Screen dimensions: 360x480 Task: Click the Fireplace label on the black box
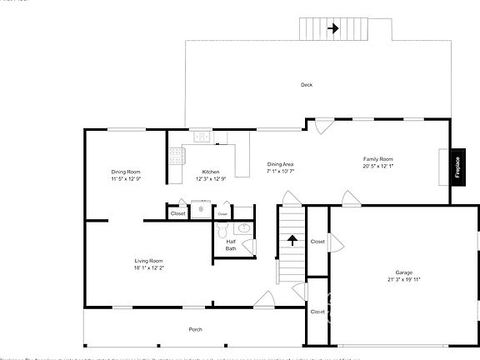(x=457, y=165)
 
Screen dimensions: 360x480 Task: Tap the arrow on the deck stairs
(x=332, y=28)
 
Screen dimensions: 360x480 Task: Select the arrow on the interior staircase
(x=292, y=241)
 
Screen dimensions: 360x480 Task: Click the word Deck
(x=307, y=85)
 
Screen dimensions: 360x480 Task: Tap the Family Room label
(x=377, y=158)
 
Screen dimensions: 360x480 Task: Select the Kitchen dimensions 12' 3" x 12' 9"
(x=211, y=178)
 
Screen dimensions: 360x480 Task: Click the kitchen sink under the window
(x=202, y=137)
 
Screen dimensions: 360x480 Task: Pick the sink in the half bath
(x=244, y=227)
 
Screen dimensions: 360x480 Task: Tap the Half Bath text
(x=231, y=245)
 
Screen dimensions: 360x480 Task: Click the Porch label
(x=195, y=329)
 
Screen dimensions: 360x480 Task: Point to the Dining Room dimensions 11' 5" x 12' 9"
(x=126, y=178)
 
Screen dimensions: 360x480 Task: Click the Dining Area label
(x=280, y=164)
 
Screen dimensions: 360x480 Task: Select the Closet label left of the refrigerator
(x=178, y=213)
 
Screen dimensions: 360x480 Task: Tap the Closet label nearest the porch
(x=317, y=312)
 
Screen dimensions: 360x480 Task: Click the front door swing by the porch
(x=263, y=299)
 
